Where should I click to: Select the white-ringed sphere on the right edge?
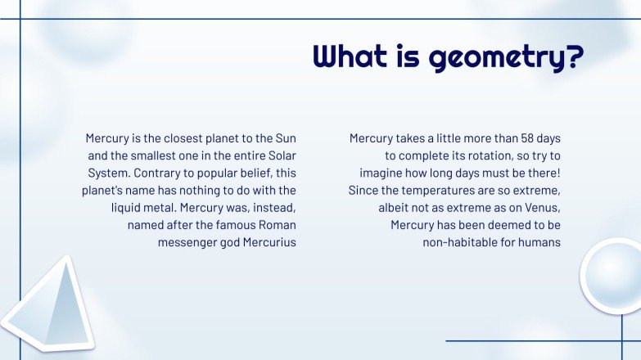(614, 277)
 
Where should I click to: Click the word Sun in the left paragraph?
(285, 138)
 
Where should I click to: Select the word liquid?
(129, 208)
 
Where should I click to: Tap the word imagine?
(381, 173)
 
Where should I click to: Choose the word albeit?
(395, 208)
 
